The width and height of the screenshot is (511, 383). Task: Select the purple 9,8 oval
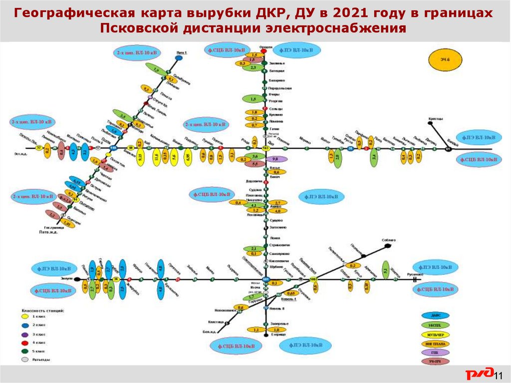273,159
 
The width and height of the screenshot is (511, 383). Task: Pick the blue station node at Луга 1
178,58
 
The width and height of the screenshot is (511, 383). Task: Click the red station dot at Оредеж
264,50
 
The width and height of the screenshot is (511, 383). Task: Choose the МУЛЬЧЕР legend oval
435,335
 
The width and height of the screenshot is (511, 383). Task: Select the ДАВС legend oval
435,316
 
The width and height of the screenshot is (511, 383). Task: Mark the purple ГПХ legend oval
435,353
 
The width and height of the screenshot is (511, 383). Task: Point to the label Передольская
280,88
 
